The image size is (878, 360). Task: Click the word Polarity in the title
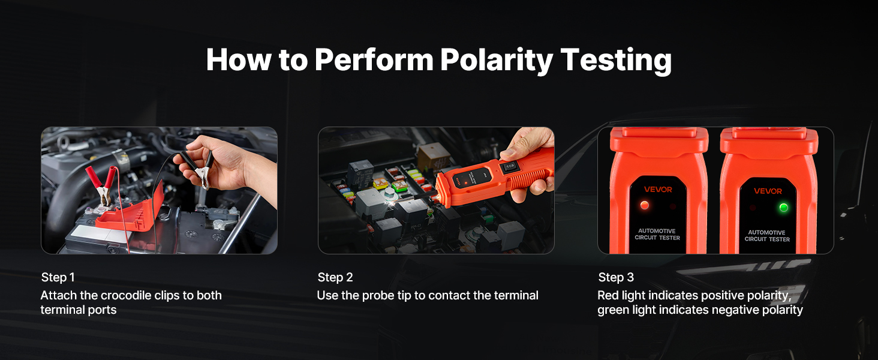pyautogui.click(x=496, y=61)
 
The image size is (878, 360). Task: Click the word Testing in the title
pyautogui.click(x=616, y=61)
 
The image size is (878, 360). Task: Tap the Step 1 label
pyautogui.click(x=58, y=277)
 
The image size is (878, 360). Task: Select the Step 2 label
pyautogui.click(x=335, y=277)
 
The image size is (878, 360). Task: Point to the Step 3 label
pyautogui.click(x=616, y=277)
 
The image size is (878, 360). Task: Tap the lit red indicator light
pyautogui.click(x=644, y=205)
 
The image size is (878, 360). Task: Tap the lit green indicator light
pyautogui.click(x=783, y=208)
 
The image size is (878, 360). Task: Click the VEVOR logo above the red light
pyautogui.click(x=658, y=190)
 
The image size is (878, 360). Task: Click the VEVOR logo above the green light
pyautogui.click(x=768, y=191)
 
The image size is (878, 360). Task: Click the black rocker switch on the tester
pyautogui.click(x=509, y=167)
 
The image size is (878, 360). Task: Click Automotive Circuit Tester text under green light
pyautogui.click(x=767, y=236)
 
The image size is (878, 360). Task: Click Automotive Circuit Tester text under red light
pyautogui.click(x=657, y=234)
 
